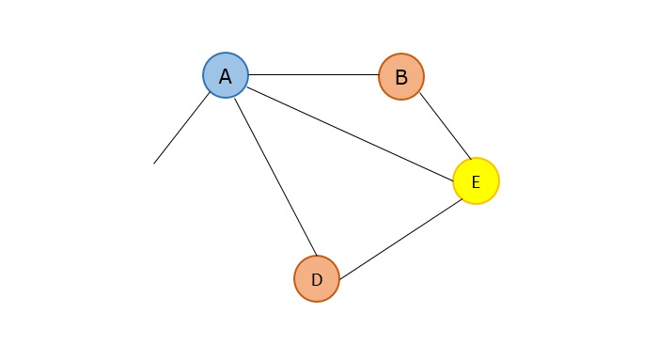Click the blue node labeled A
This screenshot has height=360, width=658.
tap(226, 76)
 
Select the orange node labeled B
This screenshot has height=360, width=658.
tap(401, 76)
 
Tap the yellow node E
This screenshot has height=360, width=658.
tap(476, 181)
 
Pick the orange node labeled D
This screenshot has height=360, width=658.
tap(317, 278)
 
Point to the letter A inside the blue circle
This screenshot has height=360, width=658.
tap(226, 77)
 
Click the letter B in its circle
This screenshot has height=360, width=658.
tap(401, 77)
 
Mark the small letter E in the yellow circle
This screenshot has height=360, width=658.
tap(476, 182)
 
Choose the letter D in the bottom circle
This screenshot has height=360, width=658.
tap(317, 279)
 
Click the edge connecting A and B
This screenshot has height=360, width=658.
tap(313, 75)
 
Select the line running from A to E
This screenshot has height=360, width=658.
tap(350, 129)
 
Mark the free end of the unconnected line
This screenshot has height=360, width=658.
tap(154, 164)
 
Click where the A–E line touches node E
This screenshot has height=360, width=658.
tap(454, 173)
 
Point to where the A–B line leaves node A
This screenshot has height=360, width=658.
tap(248, 75)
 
